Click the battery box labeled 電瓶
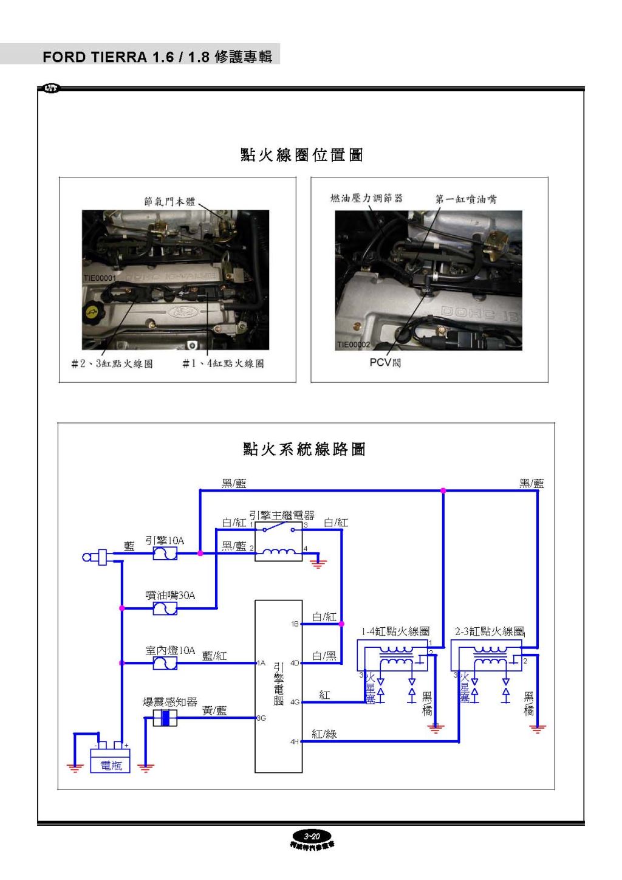tap(110, 760)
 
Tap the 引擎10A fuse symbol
tap(165, 553)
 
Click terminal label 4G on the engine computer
tap(295, 702)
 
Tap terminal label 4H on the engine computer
tap(295, 741)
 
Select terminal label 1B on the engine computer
tap(295, 624)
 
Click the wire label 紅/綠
tap(324, 734)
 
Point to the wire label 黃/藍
tap(214, 710)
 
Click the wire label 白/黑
tap(324, 656)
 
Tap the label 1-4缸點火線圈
tap(395, 631)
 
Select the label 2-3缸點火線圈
tap(490, 631)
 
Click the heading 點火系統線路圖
tap(304, 449)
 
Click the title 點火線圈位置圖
tap(301, 155)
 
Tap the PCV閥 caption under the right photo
tap(385, 363)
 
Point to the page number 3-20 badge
tap(312, 836)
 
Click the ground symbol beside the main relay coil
tap(318, 563)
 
